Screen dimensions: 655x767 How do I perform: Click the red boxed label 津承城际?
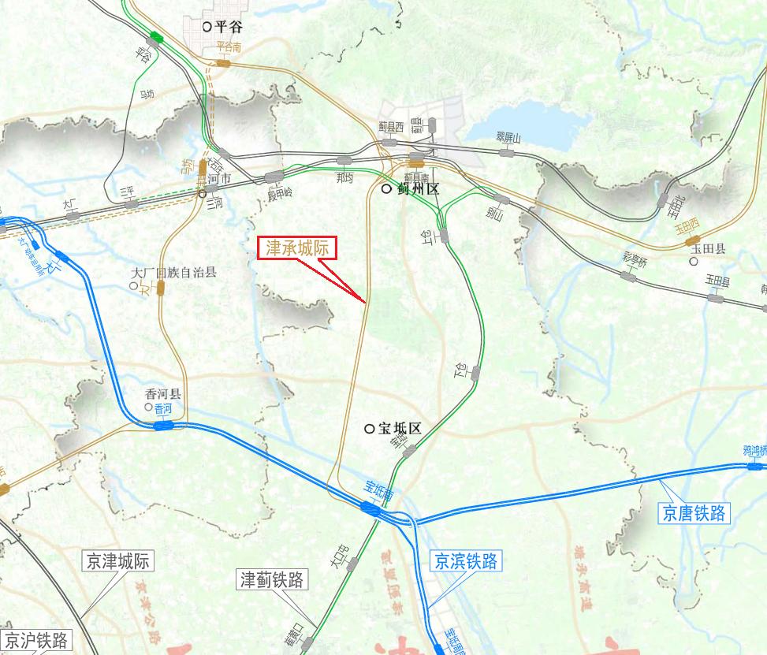[x=298, y=249]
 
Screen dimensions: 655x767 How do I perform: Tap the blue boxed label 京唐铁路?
[x=694, y=513]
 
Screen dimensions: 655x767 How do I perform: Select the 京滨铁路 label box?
[x=467, y=561]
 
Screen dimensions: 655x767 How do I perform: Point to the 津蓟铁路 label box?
[x=272, y=580]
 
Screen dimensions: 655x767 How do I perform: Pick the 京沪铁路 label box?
[x=36, y=639]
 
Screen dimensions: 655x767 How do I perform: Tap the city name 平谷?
[x=228, y=26]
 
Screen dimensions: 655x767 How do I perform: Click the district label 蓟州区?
[x=417, y=190]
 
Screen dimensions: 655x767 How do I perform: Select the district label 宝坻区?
[x=400, y=429]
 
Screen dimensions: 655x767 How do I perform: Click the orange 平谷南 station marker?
[x=223, y=61]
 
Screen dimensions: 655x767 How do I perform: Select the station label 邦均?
[x=344, y=178]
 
